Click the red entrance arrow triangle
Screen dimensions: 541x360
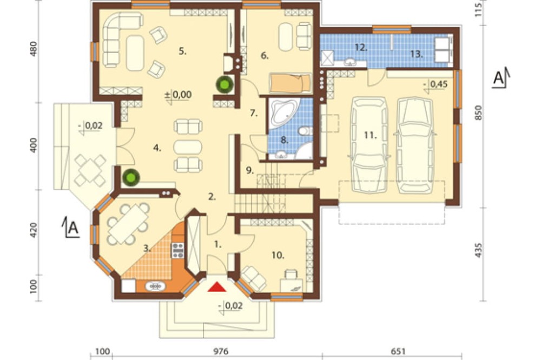[217, 287]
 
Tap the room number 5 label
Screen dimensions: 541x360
[182, 51]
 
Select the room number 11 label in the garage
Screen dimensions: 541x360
[370, 135]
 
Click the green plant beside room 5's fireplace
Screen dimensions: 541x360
[225, 84]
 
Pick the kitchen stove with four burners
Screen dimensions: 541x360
[178, 250]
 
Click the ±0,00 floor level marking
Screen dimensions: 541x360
[178, 95]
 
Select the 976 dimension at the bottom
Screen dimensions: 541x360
[221, 351]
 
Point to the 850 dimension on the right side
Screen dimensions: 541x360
[478, 113]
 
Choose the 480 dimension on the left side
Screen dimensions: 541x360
[34, 49]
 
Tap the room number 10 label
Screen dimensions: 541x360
[278, 256]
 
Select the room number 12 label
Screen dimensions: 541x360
[361, 48]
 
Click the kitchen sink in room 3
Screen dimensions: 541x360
[156, 286]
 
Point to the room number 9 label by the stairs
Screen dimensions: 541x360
[250, 170]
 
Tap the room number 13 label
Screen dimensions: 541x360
[417, 54]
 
